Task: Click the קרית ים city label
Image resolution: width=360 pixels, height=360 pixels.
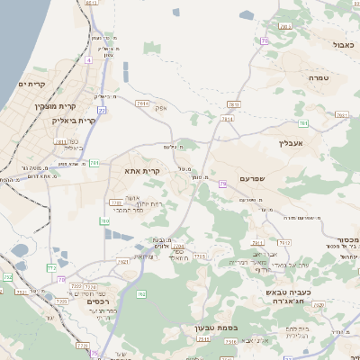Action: click(31, 85)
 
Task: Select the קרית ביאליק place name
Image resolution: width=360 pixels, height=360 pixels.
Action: click(74, 120)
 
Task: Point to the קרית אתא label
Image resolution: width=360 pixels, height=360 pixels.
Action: click(142, 169)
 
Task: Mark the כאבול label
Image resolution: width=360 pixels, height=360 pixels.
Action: click(344, 44)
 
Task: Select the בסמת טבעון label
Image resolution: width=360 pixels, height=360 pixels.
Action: click(216, 328)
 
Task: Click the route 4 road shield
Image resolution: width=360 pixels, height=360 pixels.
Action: click(88, 61)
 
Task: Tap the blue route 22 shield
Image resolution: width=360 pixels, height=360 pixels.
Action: click(102, 110)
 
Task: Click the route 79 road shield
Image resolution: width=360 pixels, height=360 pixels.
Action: click(222, 184)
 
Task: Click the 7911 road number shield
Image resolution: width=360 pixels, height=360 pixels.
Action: click(256, 242)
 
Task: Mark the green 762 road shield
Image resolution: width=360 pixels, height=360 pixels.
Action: click(140, 294)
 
